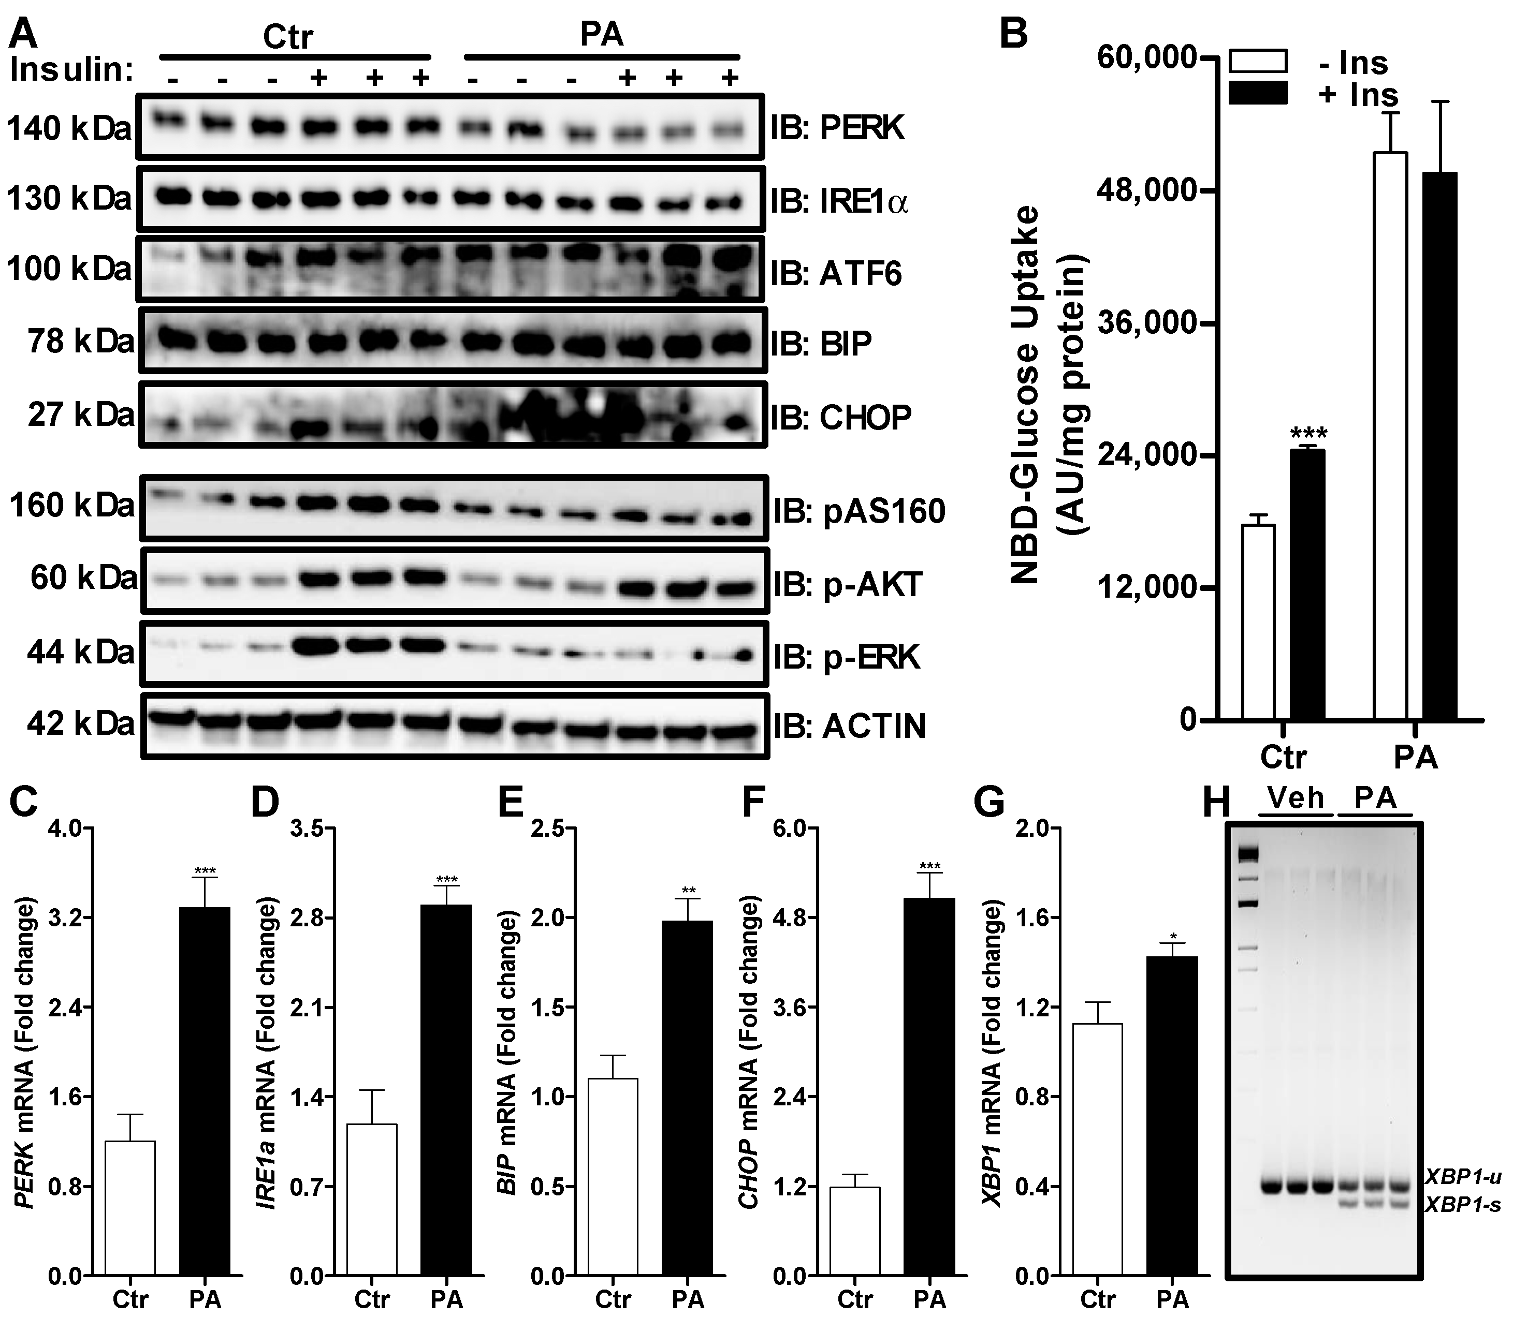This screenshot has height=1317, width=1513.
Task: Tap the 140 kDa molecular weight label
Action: [x=68, y=129]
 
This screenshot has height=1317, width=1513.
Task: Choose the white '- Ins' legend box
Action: [x=1258, y=61]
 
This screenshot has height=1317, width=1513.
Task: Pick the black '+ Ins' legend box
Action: [x=1258, y=93]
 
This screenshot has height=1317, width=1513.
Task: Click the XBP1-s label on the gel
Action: [x=1462, y=1205]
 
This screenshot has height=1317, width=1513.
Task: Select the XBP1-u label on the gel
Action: [x=1462, y=1177]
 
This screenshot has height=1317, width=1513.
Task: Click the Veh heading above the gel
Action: [x=1296, y=798]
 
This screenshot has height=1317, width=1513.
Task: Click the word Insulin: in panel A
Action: [x=72, y=70]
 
